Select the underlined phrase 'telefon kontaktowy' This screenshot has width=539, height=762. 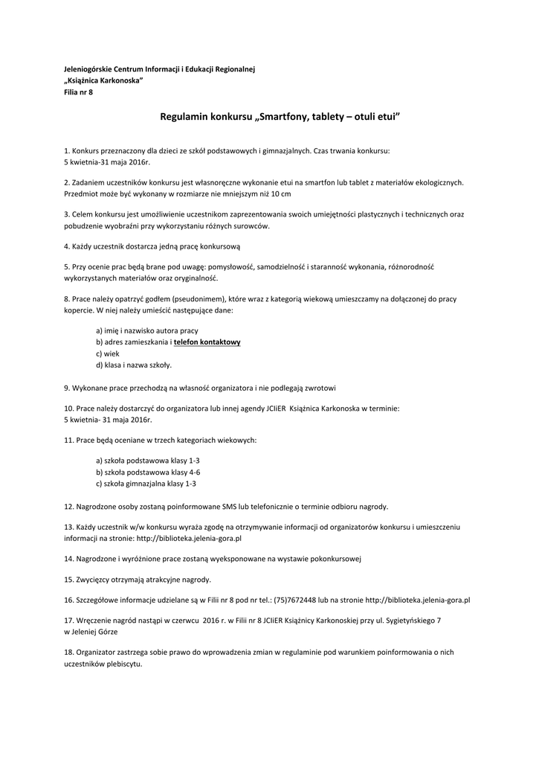point(207,342)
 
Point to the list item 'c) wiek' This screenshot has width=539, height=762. point(107,353)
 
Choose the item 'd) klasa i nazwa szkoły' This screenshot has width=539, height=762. point(134,365)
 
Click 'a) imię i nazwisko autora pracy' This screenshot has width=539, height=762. point(147,330)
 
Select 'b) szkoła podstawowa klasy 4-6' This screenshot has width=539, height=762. point(148,472)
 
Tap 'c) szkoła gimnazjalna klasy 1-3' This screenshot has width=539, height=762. point(146,483)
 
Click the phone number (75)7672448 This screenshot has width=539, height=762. point(295,599)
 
